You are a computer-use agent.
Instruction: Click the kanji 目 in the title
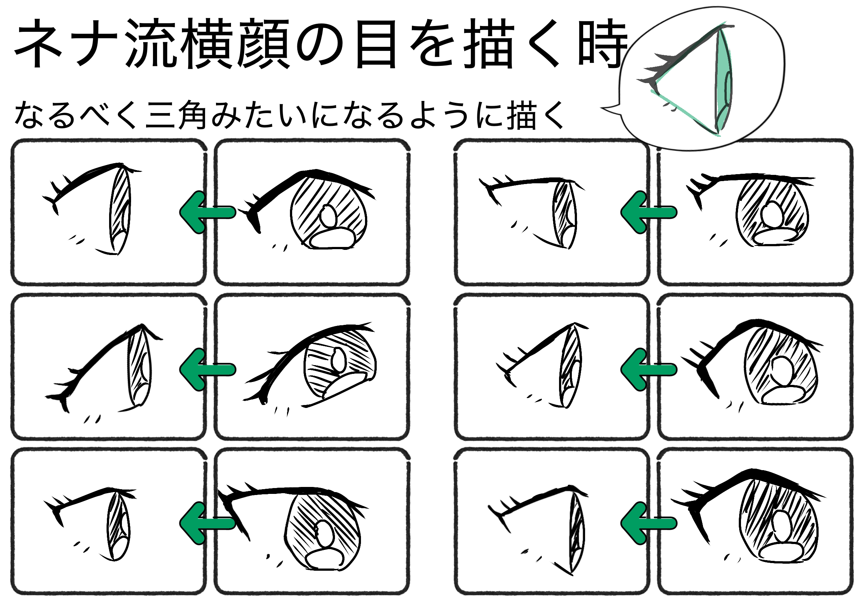coord(376,44)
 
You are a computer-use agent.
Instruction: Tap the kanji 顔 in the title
coord(265,44)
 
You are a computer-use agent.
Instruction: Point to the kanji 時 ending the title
coord(603,44)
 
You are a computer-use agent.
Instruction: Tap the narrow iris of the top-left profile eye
coord(120,210)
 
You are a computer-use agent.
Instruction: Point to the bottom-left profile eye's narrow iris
coord(119,526)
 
